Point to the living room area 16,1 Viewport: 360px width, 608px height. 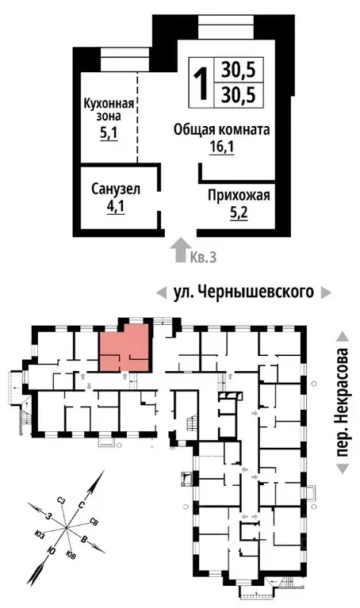(224, 147)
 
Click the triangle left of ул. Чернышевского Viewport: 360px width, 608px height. (161, 293)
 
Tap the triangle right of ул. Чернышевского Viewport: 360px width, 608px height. (326, 293)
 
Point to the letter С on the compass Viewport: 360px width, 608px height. (82, 504)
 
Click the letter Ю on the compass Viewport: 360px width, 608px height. (51, 550)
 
